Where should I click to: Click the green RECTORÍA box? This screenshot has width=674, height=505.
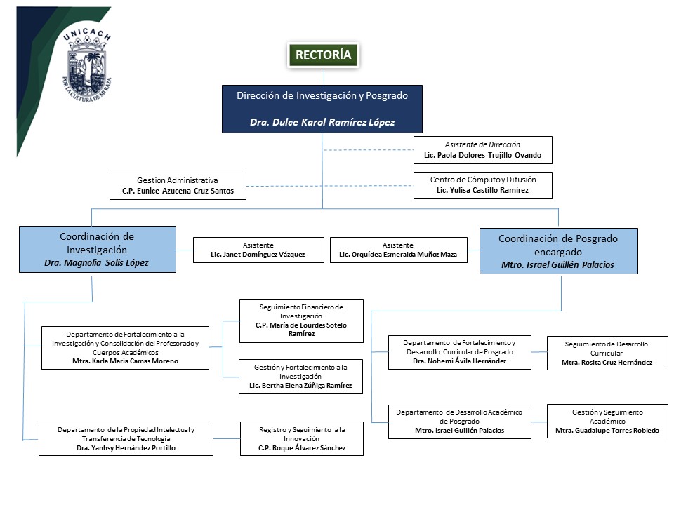click(323, 55)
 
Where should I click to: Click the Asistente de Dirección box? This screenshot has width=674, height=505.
click(482, 150)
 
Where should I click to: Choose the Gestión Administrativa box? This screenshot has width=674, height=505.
click(178, 186)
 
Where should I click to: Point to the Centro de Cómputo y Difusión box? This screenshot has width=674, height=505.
click(482, 185)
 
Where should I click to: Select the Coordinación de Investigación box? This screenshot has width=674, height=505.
click(97, 249)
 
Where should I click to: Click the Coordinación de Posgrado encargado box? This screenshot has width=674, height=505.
click(558, 251)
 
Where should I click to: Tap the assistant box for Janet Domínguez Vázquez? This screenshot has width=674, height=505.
click(258, 250)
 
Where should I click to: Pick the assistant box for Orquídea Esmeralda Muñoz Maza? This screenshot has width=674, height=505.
click(398, 250)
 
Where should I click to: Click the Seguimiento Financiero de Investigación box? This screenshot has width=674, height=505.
click(301, 321)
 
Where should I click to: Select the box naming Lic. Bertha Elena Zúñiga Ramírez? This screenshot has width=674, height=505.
click(301, 377)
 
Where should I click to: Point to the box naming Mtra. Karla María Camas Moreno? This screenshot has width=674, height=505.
click(125, 347)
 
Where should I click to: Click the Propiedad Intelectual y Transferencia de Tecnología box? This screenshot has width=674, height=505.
click(126, 438)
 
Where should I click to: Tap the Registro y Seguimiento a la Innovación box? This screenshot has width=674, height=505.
click(301, 438)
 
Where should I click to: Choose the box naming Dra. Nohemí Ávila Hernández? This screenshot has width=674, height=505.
click(460, 352)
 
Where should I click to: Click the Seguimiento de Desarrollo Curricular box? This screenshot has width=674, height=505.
click(607, 353)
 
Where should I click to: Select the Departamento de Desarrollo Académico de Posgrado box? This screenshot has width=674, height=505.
click(460, 422)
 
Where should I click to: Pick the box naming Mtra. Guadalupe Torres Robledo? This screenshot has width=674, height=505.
click(607, 422)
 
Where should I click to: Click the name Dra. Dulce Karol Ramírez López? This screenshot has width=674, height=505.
click(322, 122)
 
